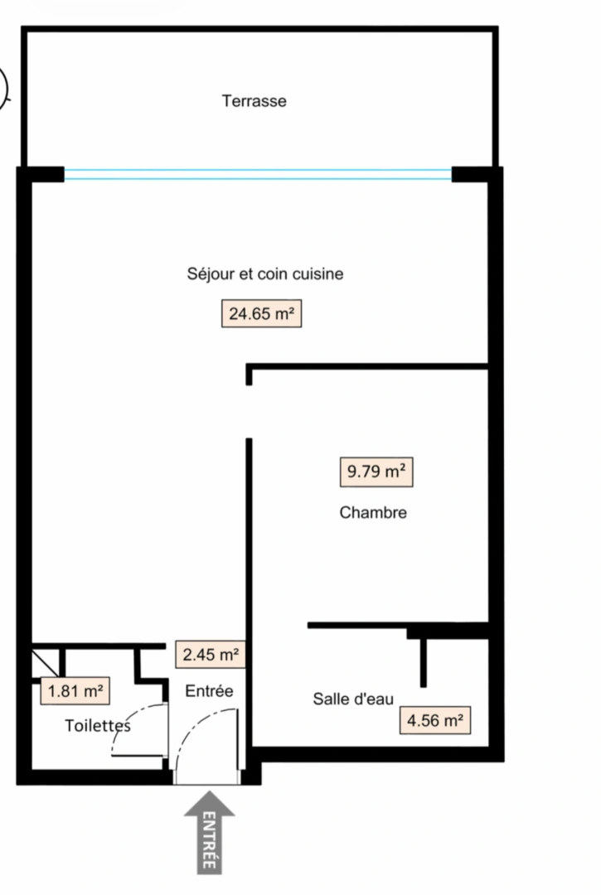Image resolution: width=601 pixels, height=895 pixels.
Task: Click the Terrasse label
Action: (254, 101)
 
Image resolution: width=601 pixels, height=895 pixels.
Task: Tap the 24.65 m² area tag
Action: (261, 314)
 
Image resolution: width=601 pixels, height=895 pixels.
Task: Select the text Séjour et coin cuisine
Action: (265, 273)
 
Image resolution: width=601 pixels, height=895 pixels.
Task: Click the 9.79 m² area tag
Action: (376, 472)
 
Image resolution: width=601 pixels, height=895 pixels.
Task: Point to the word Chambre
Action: (373, 513)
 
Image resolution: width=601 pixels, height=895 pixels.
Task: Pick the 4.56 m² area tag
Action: (434, 720)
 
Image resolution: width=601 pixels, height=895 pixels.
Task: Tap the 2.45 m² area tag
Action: (211, 655)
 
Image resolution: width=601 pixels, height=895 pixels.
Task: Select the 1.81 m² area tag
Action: (75, 691)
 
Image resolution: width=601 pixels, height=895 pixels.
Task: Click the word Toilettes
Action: (98, 726)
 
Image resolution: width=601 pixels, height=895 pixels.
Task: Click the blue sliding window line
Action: (258, 174)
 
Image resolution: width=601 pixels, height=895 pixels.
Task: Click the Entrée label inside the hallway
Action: (209, 691)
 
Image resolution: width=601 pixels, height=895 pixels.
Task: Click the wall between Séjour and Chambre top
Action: (369, 365)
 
